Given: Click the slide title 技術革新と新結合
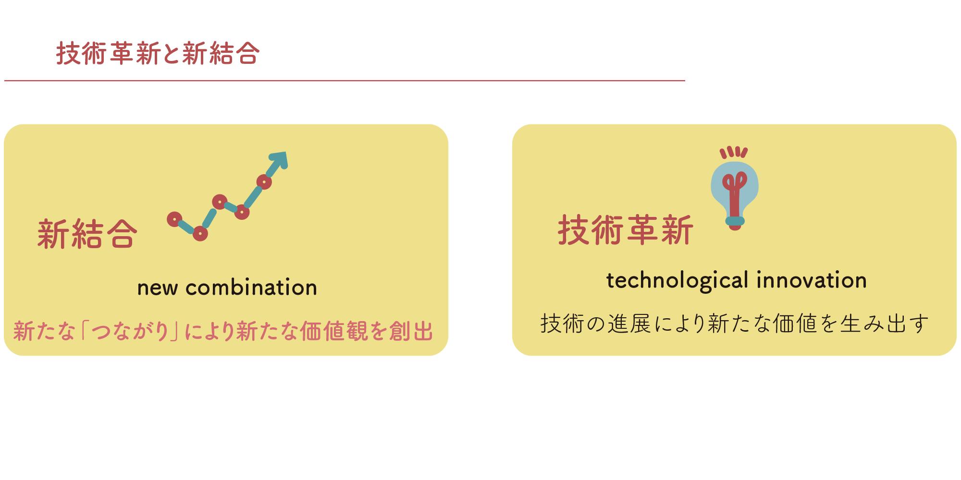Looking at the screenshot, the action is tap(158, 53).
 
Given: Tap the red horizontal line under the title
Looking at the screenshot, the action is tap(345, 81).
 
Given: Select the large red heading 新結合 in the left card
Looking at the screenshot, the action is tap(87, 234).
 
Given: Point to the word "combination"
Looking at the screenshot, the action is tap(251, 288).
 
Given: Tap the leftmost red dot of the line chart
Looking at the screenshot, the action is tap(174, 219).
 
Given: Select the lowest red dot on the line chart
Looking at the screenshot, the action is tap(200, 234).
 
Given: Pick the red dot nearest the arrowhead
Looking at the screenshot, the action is tap(264, 182).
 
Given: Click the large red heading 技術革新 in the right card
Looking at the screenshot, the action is tap(625, 230).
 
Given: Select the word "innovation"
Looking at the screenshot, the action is tap(812, 280).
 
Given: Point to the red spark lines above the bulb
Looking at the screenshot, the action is tap(734, 152).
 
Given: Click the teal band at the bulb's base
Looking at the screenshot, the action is tap(735, 221).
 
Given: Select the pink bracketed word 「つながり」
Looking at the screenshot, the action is tap(130, 331).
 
